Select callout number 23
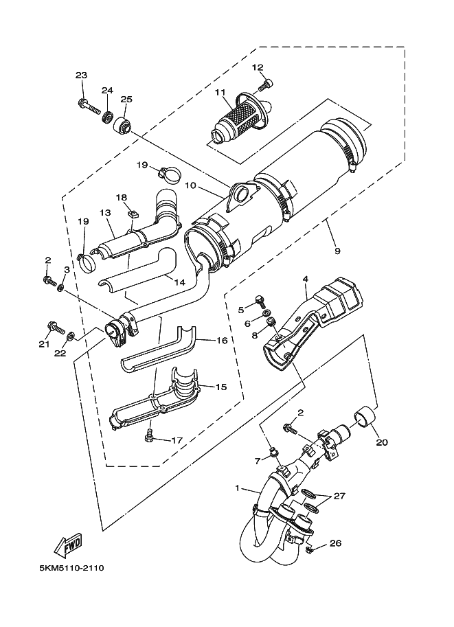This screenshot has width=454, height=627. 81,76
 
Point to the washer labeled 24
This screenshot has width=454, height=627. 108,117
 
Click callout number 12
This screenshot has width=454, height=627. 258,67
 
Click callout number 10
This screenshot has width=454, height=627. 190,185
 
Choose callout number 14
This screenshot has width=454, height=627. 179,282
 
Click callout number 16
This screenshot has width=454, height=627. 221,340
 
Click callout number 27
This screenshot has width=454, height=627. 339,496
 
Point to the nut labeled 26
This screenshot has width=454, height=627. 309,549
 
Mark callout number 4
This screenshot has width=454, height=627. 306,279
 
